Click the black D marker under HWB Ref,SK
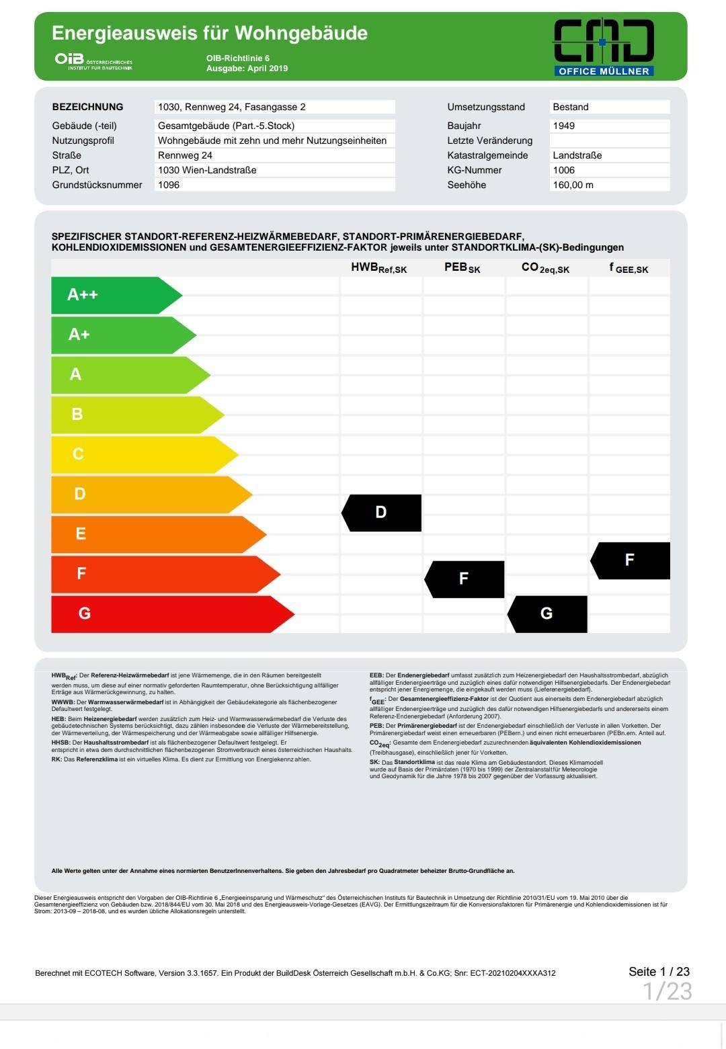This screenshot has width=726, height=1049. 382,513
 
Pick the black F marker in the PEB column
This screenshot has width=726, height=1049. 465,579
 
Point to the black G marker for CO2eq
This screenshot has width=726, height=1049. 547,614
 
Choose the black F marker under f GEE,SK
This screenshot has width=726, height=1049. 631,560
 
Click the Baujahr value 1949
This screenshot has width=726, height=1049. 564,126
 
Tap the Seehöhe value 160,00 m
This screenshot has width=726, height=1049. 573,185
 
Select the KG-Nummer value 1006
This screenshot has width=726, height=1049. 564,170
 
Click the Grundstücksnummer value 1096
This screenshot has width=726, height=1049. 169,185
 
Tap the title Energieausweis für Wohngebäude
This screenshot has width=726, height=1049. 210,33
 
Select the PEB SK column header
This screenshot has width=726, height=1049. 462,267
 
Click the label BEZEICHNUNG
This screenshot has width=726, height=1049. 87,107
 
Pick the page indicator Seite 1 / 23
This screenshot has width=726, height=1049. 659,972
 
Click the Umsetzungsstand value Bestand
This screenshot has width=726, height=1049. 571,107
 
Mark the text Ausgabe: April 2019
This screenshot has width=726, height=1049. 247,69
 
